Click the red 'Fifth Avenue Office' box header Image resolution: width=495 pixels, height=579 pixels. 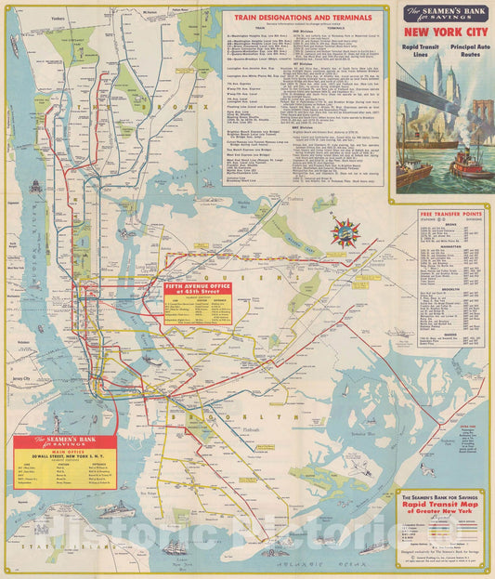[198, 287]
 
